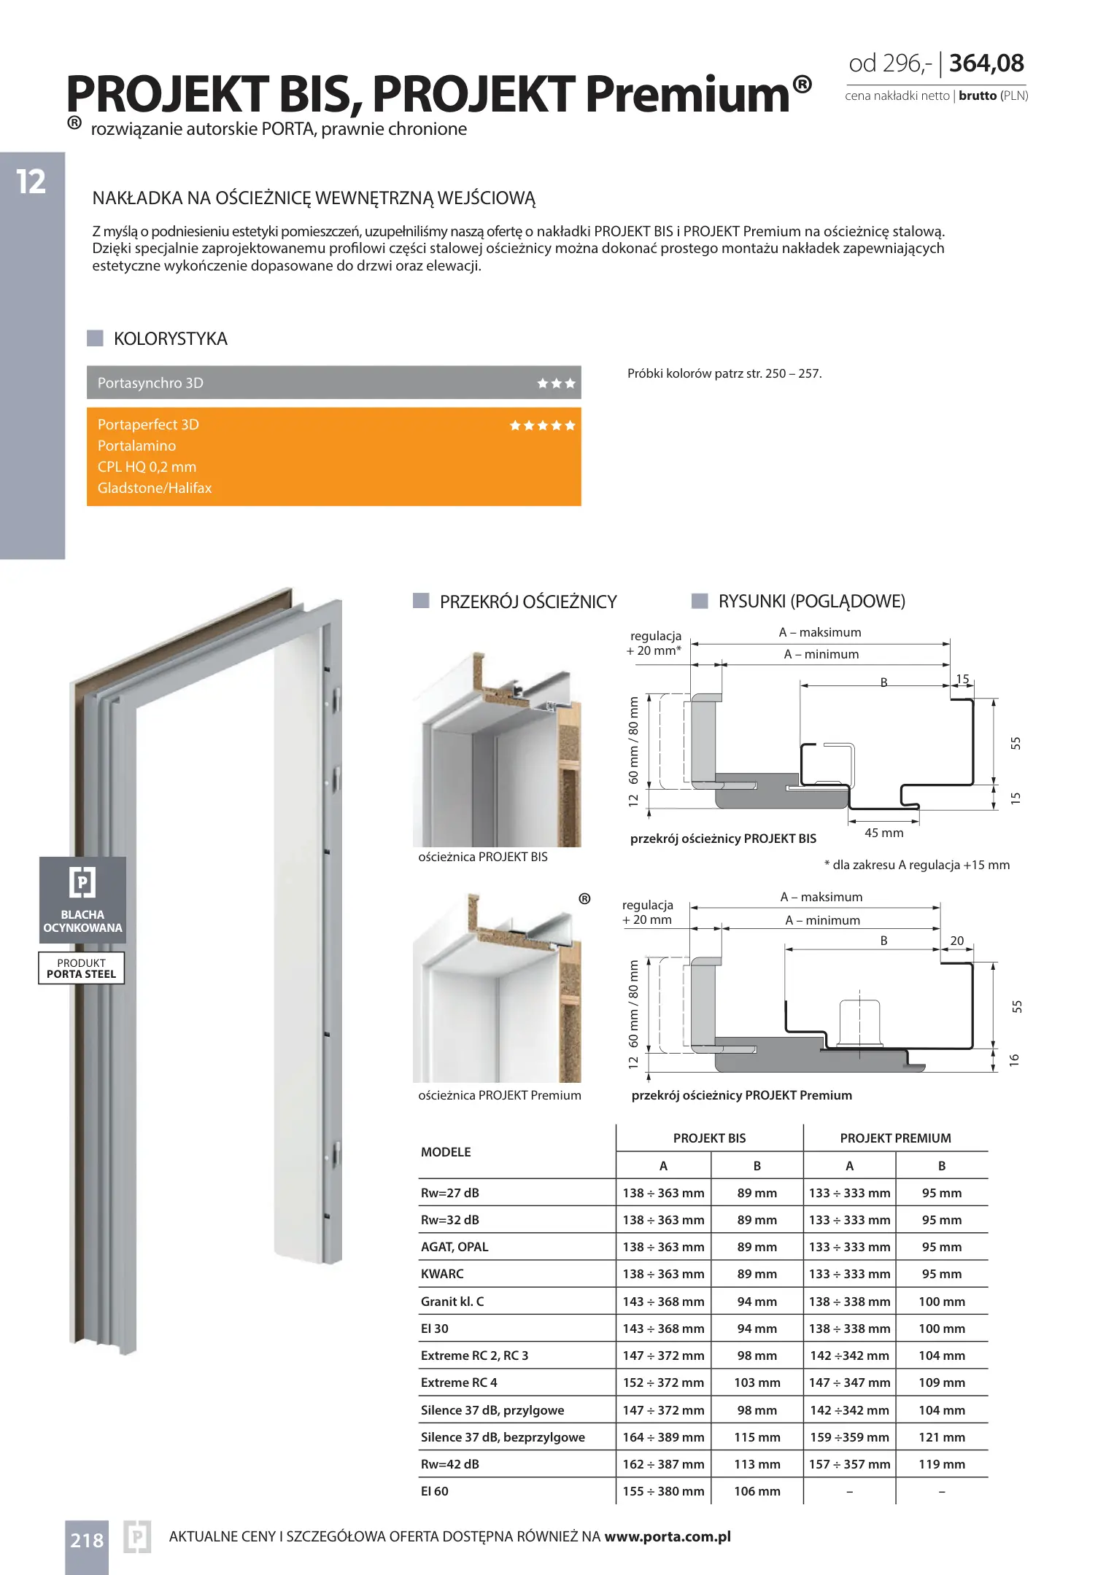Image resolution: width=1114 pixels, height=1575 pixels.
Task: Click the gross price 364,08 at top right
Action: click(x=986, y=63)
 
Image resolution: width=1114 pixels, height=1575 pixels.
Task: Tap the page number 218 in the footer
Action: click(x=87, y=1541)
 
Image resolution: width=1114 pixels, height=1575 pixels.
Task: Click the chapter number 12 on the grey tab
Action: click(x=31, y=182)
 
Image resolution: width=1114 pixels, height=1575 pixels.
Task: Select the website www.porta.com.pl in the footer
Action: click(x=668, y=1536)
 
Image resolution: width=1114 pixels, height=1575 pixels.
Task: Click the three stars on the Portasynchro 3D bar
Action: click(x=556, y=384)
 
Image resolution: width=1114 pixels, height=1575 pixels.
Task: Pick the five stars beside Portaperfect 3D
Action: click(x=542, y=426)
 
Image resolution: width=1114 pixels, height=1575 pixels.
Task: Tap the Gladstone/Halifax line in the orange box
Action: click(x=155, y=488)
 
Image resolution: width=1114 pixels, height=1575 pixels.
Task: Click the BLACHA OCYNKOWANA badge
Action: click(x=82, y=900)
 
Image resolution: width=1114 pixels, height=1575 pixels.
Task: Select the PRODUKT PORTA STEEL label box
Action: click(x=82, y=968)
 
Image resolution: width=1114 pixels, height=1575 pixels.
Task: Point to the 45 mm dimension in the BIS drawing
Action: click(x=883, y=833)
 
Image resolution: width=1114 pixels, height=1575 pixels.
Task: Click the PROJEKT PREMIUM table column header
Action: click(x=895, y=1138)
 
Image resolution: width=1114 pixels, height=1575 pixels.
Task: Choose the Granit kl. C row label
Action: click(x=452, y=1302)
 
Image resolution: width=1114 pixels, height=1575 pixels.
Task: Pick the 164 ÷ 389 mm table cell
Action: click(x=663, y=1437)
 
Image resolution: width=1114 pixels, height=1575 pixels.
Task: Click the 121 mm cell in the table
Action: click(x=941, y=1437)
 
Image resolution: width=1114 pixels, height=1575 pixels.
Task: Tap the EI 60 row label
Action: click(x=435, y=1491)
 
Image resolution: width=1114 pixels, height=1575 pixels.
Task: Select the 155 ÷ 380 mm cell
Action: click(x=663, y=1491)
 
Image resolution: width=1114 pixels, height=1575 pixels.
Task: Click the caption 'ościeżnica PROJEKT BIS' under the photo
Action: click(x=483, y=857)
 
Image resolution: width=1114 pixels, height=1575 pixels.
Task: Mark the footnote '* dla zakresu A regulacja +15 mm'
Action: click(x=917, y=865)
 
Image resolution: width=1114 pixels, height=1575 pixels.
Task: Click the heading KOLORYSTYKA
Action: click(x=171, y=339)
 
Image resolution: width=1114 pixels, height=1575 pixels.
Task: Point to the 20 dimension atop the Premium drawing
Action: click(x=956, y=941)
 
